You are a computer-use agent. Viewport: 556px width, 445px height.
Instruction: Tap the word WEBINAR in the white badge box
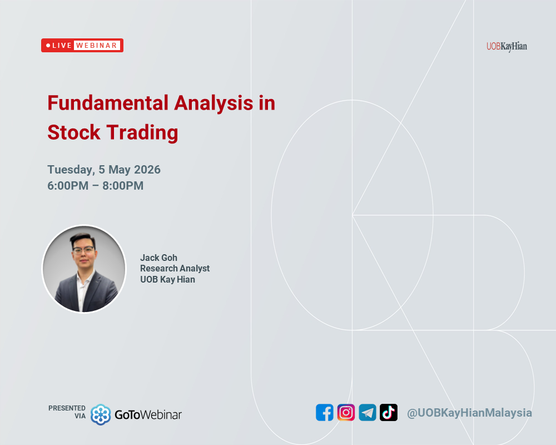(97, 46)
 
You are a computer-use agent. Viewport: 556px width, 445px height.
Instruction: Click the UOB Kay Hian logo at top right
(506, 46)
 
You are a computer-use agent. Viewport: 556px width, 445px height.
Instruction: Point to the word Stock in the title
(74, 132)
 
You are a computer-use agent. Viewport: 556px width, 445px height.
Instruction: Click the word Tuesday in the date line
(70, 170)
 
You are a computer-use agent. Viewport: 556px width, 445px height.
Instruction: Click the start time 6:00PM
(68, 186)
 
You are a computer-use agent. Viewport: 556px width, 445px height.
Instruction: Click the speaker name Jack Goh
(158, 258)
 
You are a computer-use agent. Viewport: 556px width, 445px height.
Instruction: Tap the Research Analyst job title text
(175, 268)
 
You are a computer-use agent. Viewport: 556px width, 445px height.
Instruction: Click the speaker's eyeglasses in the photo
(83, 250)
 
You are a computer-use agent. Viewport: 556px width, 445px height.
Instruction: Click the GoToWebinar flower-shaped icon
(101, 414)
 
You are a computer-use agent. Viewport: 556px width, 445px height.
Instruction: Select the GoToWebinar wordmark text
(148, 414)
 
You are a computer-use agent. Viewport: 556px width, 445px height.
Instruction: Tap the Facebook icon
(325, 412)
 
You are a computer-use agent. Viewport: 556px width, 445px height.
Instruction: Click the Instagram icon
(346, 412)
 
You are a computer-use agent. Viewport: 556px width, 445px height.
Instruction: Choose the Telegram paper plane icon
(367, 412)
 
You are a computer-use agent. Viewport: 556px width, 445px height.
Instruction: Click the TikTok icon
(389, 412)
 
